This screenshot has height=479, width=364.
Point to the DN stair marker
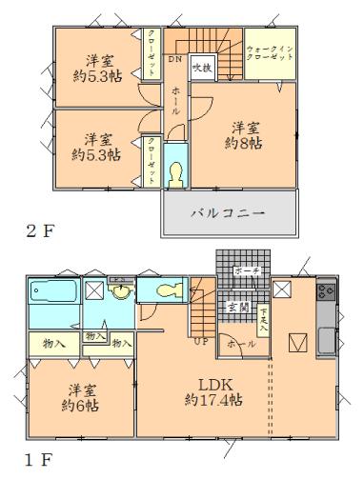[x=174, y=59]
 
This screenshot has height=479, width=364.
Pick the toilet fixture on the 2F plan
[x=175, y=172]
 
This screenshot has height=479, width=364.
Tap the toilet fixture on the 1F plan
[x=165, y=290]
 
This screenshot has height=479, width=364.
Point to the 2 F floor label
[x=34, y=230]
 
